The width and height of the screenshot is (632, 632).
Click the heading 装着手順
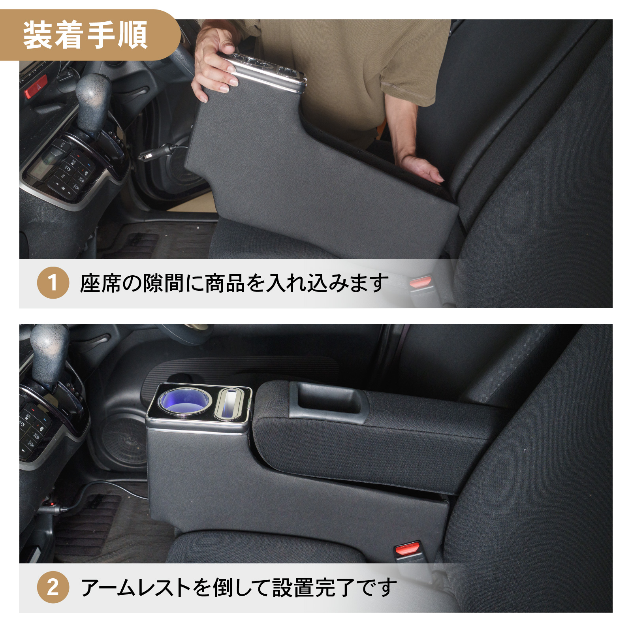pyautogui.click(x=85, y=35)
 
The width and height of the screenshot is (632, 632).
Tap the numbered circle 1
pyautogui.click(x=53, y=282)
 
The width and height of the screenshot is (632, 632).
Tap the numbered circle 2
pyautogui.click(x=53, y=587)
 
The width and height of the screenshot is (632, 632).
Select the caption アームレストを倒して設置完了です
pyautogui.click(x=239, y=587)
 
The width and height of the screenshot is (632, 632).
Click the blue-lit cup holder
pyautogui.click(x=184, y=400)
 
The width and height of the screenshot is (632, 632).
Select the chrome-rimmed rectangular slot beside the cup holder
pyautogui.click(x=231, y=403)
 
